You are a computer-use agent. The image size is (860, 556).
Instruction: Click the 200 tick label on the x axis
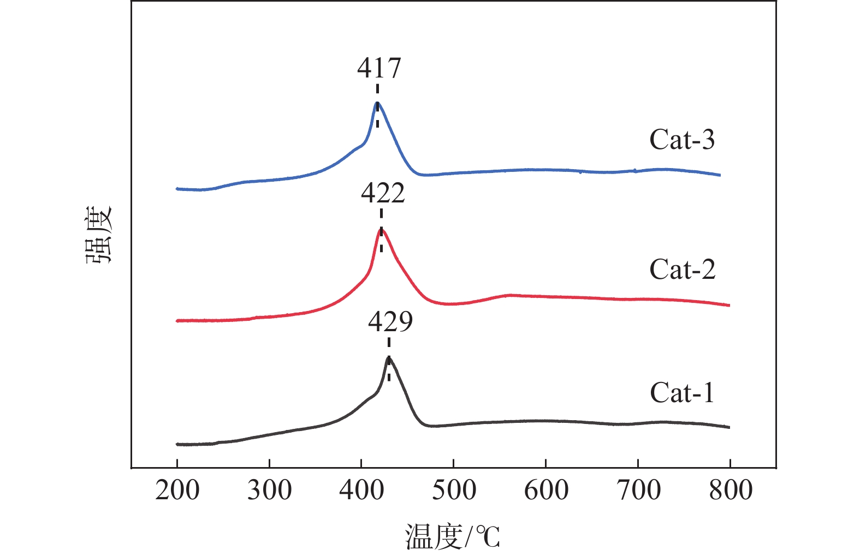point(177,491)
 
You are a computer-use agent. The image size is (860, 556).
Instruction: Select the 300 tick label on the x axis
point(269,491)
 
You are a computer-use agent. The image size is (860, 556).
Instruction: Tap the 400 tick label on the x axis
point(361,491)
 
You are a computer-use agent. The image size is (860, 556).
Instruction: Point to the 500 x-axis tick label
point(454,491)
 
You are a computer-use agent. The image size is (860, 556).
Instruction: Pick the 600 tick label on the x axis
point(545,491)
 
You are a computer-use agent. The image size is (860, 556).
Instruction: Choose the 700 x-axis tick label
point(638,491)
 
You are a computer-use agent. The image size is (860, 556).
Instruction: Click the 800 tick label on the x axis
point(730,491)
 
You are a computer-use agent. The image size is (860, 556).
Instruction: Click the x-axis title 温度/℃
point(453,536)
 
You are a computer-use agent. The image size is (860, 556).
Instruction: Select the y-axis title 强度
point(99,235)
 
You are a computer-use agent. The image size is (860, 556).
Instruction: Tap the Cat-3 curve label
point(682,140)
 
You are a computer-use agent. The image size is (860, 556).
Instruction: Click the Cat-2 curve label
point(682,269)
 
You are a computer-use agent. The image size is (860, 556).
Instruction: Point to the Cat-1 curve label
point(682,393)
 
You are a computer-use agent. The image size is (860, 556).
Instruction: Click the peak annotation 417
point(379,68)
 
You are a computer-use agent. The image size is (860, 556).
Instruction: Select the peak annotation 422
point(383,194)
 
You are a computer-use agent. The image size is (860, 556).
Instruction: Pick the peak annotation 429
point(390,322)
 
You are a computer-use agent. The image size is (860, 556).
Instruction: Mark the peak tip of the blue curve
point(377,103)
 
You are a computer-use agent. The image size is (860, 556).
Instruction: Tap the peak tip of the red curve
point(382,230)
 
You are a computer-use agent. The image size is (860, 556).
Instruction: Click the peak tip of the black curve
point(389,357)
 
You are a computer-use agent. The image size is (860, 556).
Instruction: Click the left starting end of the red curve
point(177,321)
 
